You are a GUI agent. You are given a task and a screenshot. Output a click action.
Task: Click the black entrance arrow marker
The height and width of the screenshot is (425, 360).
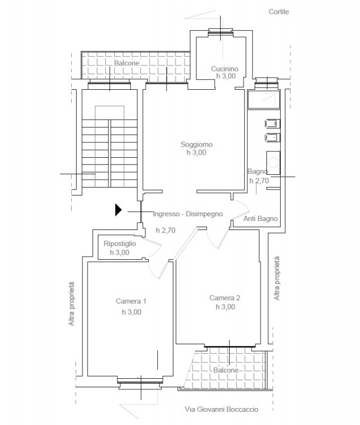click(118, 210)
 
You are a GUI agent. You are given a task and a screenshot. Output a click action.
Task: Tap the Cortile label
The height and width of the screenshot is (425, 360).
click(279, 12)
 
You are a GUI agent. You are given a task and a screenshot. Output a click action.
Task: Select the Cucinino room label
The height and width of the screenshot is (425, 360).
click(224, 69)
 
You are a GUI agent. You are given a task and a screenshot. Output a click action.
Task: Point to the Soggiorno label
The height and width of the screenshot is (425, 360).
click(197, 144)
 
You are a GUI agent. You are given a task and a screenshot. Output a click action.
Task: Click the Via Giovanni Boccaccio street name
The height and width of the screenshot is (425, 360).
click(221, 409)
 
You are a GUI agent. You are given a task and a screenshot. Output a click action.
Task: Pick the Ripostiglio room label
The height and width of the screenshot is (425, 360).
click(120, 243)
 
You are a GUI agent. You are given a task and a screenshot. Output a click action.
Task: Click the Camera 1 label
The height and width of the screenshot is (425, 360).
click(131, 301)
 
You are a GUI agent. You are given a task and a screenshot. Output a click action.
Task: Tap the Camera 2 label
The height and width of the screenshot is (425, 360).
click(224, 298)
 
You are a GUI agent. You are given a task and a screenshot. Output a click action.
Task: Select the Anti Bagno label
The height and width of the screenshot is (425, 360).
click(261, 218)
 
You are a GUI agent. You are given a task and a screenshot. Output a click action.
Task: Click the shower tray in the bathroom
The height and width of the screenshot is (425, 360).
click(263, 99)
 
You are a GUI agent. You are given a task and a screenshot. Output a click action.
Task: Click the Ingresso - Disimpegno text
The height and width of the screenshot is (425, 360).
click(188, 214)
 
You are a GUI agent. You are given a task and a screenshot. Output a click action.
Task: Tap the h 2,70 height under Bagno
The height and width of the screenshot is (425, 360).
click(259, 181)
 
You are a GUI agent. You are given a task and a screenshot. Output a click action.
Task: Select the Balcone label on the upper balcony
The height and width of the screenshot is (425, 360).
click(127, 63)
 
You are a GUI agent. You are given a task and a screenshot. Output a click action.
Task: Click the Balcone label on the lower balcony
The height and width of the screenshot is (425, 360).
click(225, 370)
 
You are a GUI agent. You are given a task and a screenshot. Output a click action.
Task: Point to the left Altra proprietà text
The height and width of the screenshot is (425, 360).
click(71, 304)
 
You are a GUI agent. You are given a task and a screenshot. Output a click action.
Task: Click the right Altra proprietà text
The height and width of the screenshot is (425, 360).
click(277, 278)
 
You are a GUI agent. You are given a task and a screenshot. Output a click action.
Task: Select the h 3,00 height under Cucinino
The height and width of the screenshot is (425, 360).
click(225, 76)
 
